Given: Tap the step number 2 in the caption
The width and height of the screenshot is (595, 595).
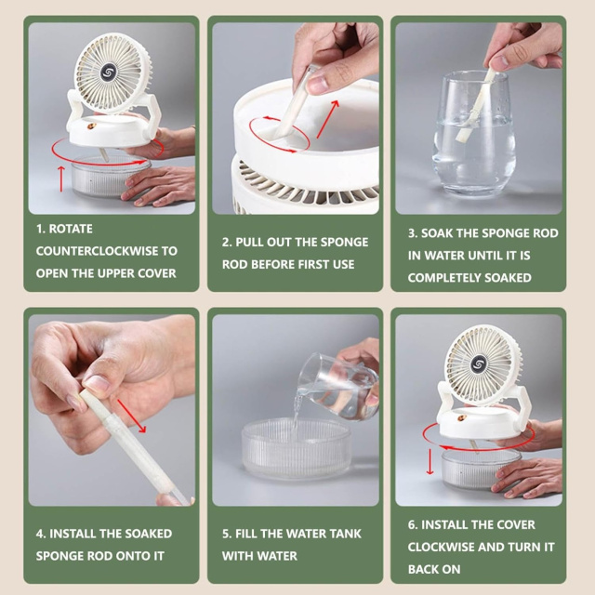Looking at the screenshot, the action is tap(226, 242).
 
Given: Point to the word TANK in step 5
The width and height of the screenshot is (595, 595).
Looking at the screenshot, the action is tap(345, 534).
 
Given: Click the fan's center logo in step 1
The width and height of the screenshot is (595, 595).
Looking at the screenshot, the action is tap(108, 73).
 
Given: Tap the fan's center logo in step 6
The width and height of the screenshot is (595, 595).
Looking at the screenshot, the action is tap(478, 364).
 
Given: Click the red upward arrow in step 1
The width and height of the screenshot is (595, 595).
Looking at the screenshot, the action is tap(61, 178).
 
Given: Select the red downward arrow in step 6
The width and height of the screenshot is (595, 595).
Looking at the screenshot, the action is tap(430, 461).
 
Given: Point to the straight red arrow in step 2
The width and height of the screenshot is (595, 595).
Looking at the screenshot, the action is tap(327, 118).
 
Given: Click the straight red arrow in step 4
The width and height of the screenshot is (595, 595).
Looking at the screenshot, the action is tap(131, 416).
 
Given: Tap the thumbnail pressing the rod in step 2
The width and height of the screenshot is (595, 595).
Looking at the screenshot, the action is tap(317, 85).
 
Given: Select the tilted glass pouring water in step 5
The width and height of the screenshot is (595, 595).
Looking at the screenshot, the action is tap(337, 384).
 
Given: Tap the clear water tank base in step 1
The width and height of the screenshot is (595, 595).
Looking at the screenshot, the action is tap(110, 176).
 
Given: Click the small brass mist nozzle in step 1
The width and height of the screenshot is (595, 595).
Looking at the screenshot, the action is tap(92, 126).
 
